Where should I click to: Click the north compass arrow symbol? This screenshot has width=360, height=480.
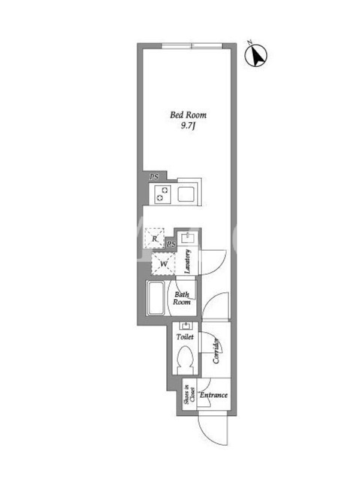pyautogui.click(x=256, y=55)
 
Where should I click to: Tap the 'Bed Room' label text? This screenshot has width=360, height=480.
pyautogui.click(x=188, y=115)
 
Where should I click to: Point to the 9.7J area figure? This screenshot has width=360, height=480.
pyautogui.click(x=188, y=126)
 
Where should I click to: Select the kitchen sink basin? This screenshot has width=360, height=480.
pyautogui.click(x=186, y=194)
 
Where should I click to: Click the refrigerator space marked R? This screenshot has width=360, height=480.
pyautogui.click(x=155, y=238)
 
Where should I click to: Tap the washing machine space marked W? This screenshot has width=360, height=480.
pyautogui.click(x=163, y=263)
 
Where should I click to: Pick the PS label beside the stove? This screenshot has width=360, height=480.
pyautogui.click(x=154, y=176)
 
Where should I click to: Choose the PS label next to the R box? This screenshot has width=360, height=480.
pyautogui.click(x=171, y=244)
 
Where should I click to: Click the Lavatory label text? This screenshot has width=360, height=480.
pyautogui.click(x=187, y=262)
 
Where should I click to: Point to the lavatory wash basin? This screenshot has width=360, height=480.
pyautogui.click(x=187, y=237)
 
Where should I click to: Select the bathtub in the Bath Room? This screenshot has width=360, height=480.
pyautogui.click(x=156, y=298)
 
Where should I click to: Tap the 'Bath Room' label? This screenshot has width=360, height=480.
pyautogui.click(x=182, y=298)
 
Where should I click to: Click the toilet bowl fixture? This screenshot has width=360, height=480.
pyautogui.click(x=185, y=359)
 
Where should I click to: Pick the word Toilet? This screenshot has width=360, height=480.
pyautogui.click(x=185, y=337)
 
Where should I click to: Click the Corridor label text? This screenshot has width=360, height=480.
pyautogui.click(x=217, y=351)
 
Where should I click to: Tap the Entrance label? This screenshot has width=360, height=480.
pyautogui.click(x=214, y=395)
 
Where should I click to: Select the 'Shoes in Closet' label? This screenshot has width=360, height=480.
pyautogui.click(x=189, y=394)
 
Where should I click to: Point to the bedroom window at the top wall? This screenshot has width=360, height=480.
pyautogui.click(x=192, y=46)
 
